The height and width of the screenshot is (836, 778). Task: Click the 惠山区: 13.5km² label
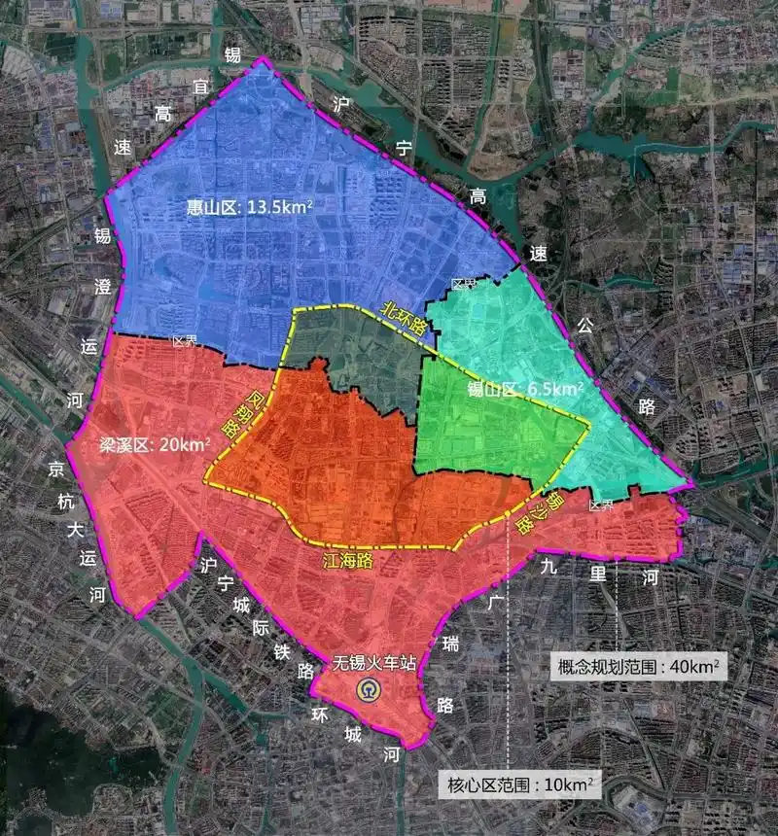tap(250, 206)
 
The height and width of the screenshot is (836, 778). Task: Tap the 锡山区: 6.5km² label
tap(525, 389)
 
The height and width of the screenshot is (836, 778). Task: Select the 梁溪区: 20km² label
tap(156, 446)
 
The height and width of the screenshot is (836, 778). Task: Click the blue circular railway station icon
tap(370, 691)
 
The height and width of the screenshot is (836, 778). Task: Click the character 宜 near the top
tap(201, 87)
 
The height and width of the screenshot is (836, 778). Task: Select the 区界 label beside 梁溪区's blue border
tap(184, 341)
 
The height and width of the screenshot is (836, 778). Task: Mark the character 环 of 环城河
tap(321, 713)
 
